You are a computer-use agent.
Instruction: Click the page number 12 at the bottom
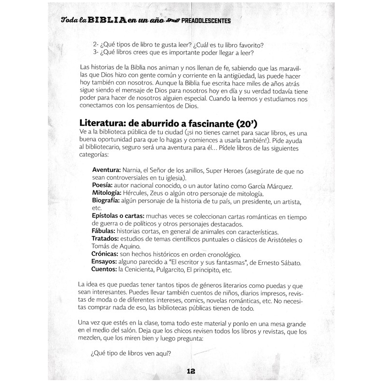point(191,371)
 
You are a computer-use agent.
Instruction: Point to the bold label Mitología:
point(107,193)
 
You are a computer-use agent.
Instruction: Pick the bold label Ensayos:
point(105,262)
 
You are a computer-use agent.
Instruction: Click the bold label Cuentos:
point(104,270)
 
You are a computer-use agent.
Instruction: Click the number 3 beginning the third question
point(96,53)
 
